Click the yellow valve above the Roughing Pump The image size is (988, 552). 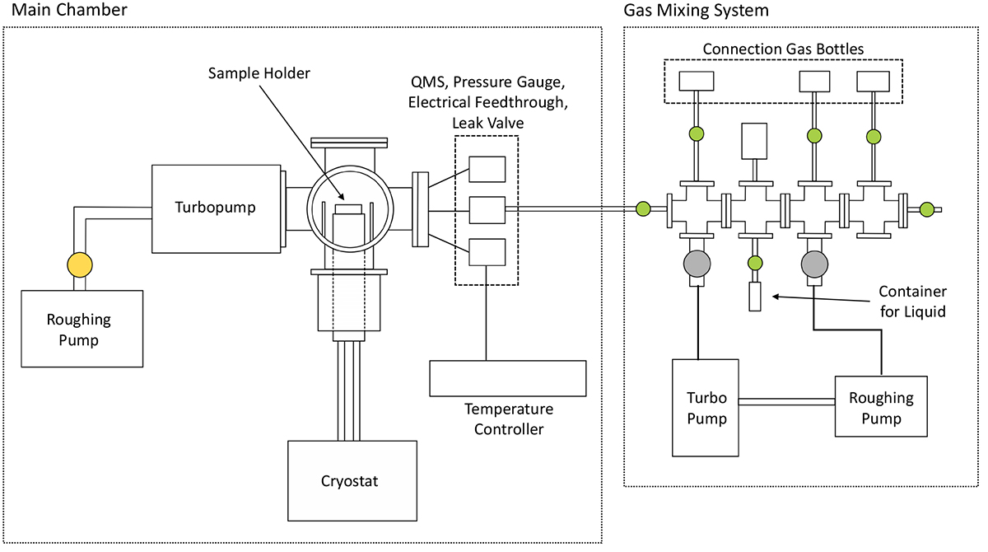(x=80, y=264)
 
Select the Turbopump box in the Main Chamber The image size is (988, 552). (x=216, y=208)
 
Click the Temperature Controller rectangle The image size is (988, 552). (x=507, y=379)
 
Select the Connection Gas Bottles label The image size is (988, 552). (x=783, y=49)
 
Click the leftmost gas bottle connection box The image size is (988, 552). (x=697, y=81)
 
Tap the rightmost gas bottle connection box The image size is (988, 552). (x=874, y=81)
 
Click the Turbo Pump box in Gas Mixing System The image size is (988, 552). (x=707, y=407)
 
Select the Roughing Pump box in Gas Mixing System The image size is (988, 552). (x=881, y=407)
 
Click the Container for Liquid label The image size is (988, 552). (x=913, y=302)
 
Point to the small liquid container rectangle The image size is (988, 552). (x=755, y=297)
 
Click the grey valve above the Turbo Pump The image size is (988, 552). (x=696, y=264)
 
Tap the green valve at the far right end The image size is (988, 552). (x=927, y=209)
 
